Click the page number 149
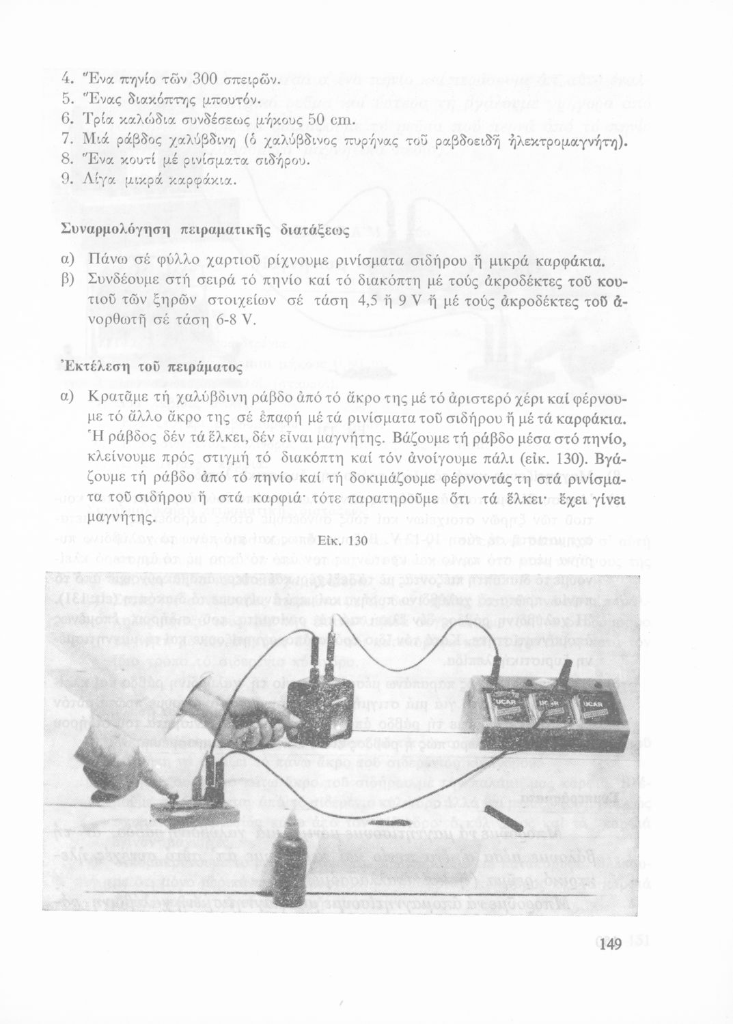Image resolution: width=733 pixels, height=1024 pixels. point(606,945)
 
